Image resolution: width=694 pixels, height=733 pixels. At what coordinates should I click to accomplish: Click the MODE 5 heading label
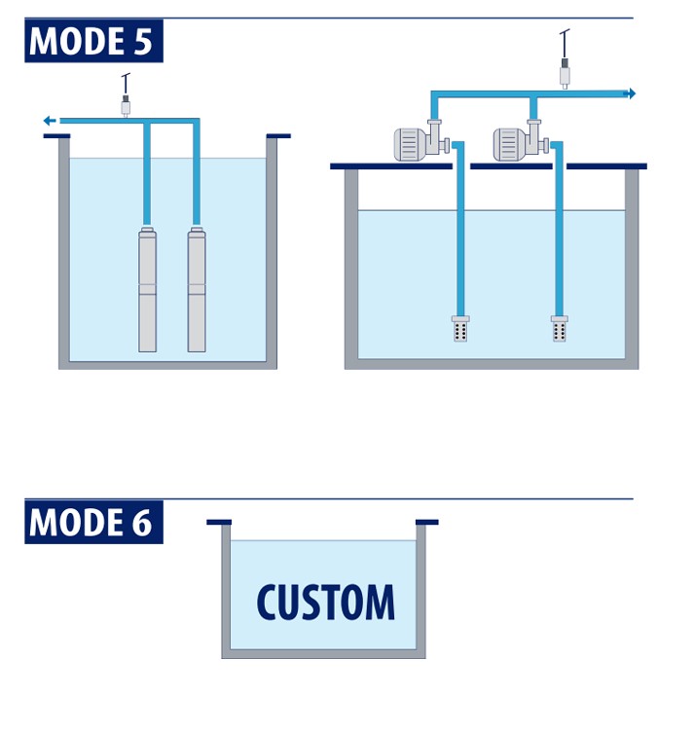point(93,42)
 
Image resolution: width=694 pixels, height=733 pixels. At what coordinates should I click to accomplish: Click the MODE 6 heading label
point(93,522)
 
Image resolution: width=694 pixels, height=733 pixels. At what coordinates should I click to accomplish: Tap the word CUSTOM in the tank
point(326,603)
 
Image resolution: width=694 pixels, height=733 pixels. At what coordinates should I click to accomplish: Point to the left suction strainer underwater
point(460,328)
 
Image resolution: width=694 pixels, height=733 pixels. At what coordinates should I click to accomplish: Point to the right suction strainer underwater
point(560,328)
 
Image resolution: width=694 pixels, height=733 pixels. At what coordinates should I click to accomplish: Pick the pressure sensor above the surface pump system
point(564,70)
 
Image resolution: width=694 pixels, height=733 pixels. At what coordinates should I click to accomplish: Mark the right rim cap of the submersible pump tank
point(278,135)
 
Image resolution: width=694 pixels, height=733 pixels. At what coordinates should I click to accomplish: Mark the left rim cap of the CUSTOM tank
point(219,522)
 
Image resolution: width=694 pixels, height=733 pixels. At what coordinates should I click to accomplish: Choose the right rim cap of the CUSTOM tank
point(427,522)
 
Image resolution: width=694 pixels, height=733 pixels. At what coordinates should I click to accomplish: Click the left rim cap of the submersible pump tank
point(55,135)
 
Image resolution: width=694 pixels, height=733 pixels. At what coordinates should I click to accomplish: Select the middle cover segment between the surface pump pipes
point(511,166)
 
